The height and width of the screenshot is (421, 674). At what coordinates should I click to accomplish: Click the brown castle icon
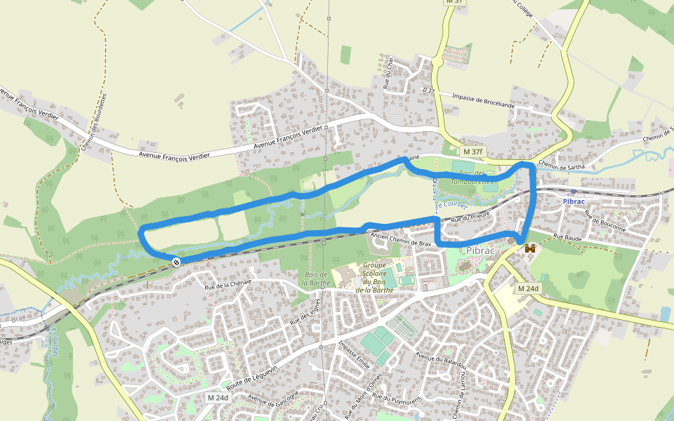click(x=530, y=248)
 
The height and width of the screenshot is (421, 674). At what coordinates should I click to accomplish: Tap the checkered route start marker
click(x=176, y=262)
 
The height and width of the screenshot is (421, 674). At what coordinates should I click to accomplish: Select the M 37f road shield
click(x=473, y=152)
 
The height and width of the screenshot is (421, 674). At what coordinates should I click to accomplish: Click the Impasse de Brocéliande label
click(x=484, y=100)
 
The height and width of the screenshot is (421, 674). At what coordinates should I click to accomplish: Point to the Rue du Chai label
click(x=387, y=74)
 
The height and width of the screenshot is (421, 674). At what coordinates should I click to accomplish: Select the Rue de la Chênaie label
click(x=228, y=283)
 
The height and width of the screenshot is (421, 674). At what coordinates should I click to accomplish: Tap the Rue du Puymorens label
click(x=395, y=399)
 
